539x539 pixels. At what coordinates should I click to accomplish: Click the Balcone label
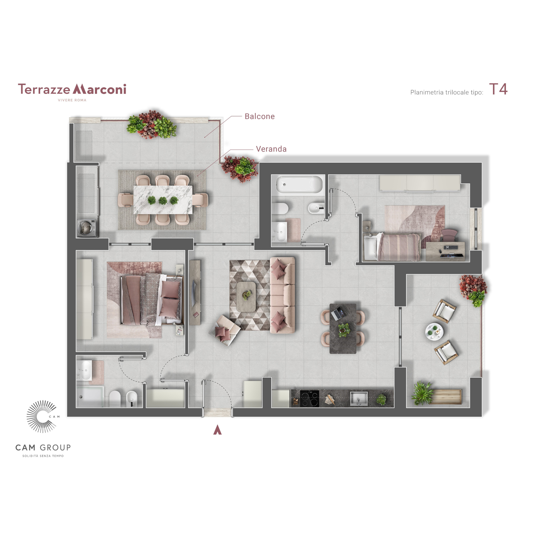tap(259, 116)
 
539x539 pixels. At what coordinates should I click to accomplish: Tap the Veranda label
tap(271, 149)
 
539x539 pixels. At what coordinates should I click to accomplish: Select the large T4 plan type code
tap(498, 89)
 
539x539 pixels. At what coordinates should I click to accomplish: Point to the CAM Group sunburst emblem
tap(42, 417)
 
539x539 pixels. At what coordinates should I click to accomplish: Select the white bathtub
tap(299, 184)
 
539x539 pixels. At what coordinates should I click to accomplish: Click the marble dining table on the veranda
tap(163, 200)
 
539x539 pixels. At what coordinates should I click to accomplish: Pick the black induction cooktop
tap(310, 398)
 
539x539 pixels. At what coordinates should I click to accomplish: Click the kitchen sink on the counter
tap(359, 398)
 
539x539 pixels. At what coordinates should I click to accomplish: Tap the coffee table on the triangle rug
tap(246, 297)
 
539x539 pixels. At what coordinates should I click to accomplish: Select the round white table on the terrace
tap(434, 332)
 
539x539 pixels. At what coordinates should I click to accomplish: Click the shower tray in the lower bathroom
tap(90, 396)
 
